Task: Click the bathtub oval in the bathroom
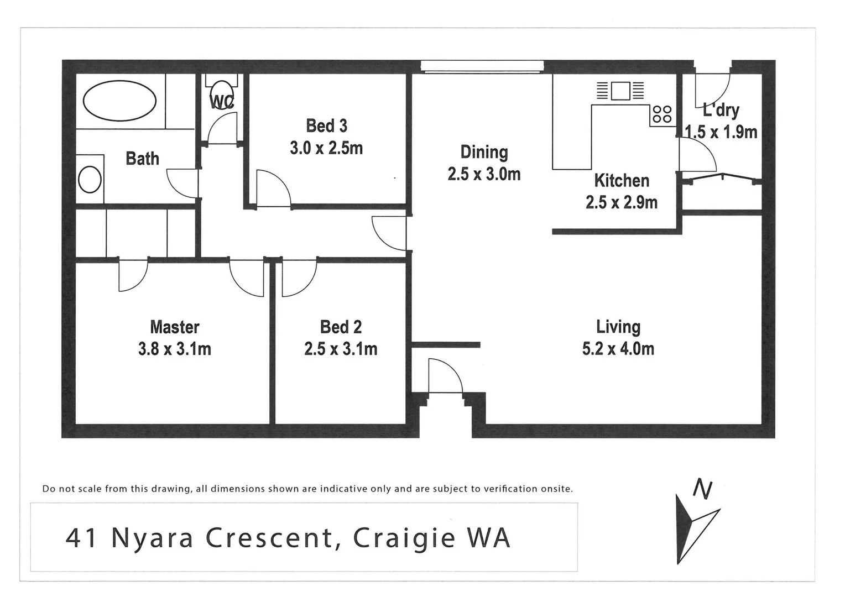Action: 119,101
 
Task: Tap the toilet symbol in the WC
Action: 222,92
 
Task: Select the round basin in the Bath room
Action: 90,179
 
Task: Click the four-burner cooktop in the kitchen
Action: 662,114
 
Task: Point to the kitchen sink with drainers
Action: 620,91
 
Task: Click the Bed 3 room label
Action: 326,126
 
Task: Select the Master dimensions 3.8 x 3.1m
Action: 174,349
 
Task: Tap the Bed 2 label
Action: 341,327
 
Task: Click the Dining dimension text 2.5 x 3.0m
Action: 484,174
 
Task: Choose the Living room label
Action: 618,327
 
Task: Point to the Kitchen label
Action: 621,181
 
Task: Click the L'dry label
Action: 721,110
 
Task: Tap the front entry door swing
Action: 445,376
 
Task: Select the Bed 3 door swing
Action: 273,189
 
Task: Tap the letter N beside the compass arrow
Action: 702,490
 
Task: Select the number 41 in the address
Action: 82,538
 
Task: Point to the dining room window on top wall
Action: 481,66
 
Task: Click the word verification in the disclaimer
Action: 511,489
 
